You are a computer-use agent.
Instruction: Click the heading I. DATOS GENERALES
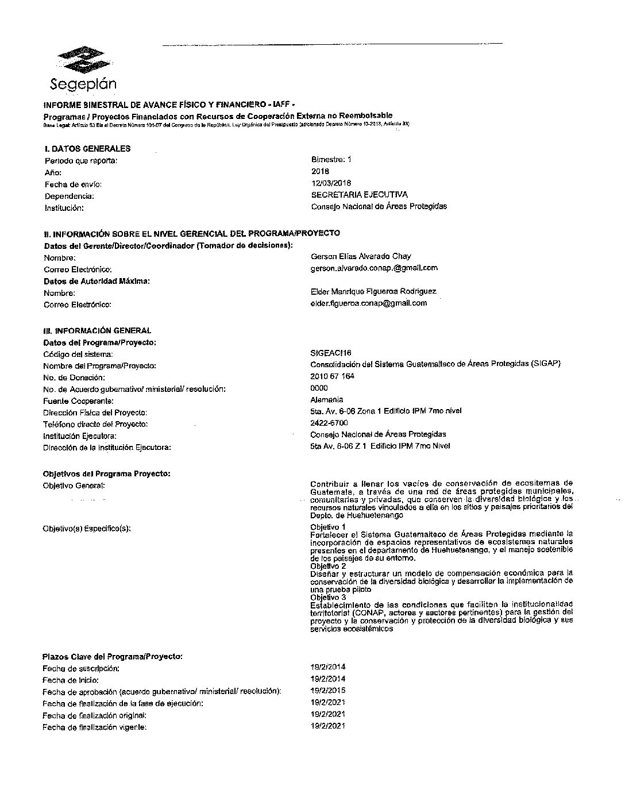coord(87,148)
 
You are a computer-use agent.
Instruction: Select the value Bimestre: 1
coord(331,160)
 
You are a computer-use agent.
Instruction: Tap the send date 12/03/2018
coord(331,183)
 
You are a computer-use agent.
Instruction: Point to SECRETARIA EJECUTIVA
coord(359,195)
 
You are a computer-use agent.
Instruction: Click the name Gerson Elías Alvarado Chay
coord(360,256)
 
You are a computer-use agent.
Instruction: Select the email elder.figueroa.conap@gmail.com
coord(368,303)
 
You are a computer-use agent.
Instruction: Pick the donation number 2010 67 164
coord(332,376)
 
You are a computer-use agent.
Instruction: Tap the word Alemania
coord(326,399)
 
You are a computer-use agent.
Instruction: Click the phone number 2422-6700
coord(329,423)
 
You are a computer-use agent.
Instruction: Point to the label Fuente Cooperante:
coord(78,401)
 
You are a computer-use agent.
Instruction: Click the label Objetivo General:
coord(74,486)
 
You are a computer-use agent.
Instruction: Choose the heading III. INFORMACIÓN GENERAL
coord(97,331)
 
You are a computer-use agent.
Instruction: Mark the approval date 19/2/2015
coord(327,691)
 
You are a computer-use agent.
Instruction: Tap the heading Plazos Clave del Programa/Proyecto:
coord(113,656)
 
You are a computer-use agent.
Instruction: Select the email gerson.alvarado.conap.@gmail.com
coord(373,268)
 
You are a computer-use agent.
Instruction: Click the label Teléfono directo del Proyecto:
coord(95,425)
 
